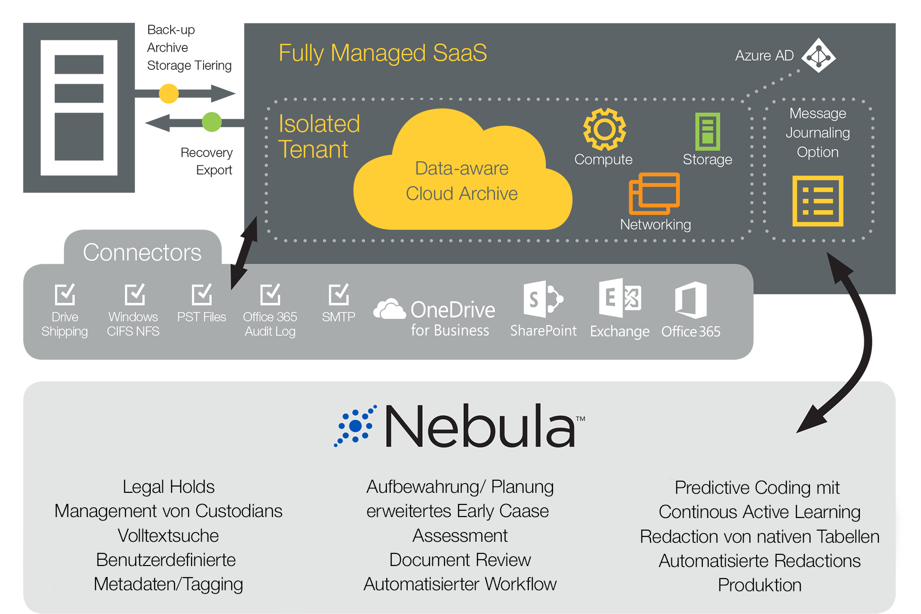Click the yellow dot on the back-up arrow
[x=169, y=93]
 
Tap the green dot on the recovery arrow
[x=211, y=122]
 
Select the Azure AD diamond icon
[x=818, y=56]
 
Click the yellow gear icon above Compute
[x=604, y=129]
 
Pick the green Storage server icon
[x=707, y=131]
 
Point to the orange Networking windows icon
[x=654, y=193]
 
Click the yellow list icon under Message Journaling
[x=818, y=201]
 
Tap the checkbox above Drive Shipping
[x=65, y=294]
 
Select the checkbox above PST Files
[x=202, y=294]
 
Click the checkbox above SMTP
[x=338, y=294]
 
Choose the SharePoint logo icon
[x=543, y=299]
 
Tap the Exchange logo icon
[x=619, y=298]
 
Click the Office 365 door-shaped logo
[x=691, y=300]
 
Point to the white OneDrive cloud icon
[x=389, y=309]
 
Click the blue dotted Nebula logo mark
[x=356, y=426]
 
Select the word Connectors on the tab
[x=142, y=252]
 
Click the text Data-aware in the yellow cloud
[x=461, y=168]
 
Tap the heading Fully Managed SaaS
[x=382, y=53]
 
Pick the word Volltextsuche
[x=168, y=535]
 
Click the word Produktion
[x=759, y=585]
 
